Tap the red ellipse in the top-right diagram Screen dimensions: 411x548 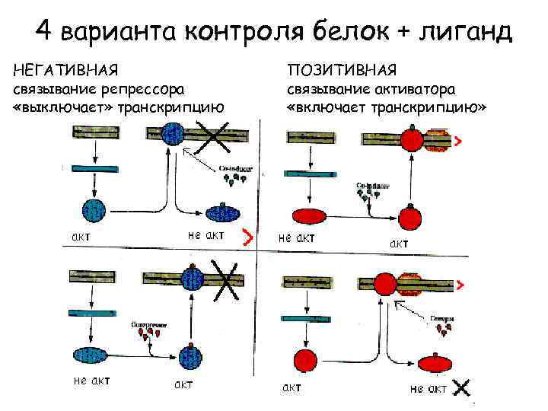(307, 217)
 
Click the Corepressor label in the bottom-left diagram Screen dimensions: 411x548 (148, 323)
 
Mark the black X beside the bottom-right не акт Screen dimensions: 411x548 (460, 388)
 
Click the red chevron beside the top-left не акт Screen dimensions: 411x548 (247, 237)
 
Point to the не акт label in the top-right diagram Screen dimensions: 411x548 (297, 237)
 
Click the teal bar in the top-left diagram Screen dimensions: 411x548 (92, 169)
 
